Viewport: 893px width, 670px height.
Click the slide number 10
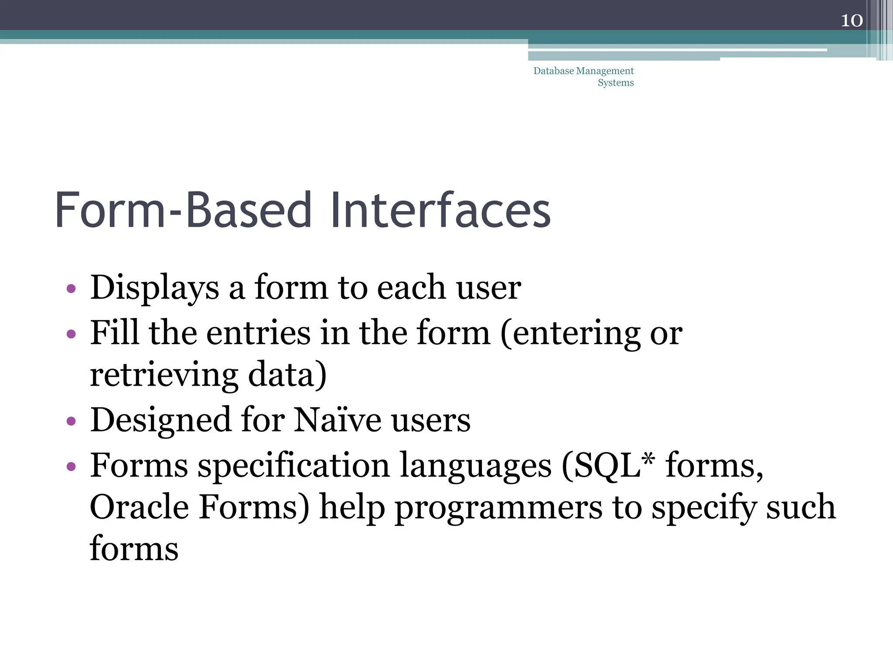pos(852,21)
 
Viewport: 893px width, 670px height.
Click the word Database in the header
pos(553,71)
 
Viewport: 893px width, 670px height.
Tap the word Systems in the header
pos(615,82)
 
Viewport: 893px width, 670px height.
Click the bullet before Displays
pos(71,289)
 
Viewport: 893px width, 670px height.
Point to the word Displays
pos(154,288)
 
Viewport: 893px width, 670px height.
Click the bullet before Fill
pos(71,335)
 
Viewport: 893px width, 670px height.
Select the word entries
pos(258,333)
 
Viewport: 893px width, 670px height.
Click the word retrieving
pos(164,375)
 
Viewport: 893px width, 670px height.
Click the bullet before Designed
pos(71,422)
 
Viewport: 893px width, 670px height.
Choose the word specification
pos(293,466)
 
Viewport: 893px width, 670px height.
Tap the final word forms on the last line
pos(134,549)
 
